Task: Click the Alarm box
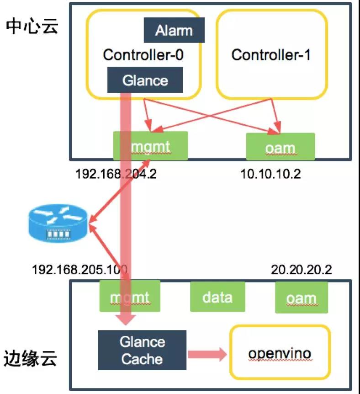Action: [174, 30]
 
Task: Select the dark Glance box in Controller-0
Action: [145, 80]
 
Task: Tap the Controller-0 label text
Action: [143, 55]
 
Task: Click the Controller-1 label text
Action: [271, 55]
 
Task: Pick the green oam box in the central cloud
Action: [280, 147]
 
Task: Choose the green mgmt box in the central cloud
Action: [151, 145]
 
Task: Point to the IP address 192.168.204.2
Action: [116, 174]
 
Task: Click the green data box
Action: [217, 297]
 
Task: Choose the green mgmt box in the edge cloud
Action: [130, 297]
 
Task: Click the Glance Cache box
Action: [142, 351]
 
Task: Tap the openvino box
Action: [280, 353]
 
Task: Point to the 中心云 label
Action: [32, 26]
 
